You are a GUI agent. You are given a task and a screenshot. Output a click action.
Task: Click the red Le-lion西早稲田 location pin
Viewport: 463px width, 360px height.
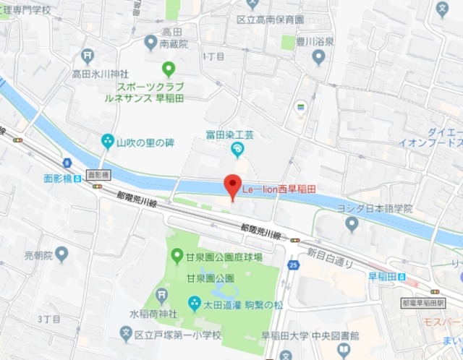(x=231, y=187)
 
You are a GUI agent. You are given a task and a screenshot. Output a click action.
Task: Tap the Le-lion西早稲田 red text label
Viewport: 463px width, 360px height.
(x=279, y=189)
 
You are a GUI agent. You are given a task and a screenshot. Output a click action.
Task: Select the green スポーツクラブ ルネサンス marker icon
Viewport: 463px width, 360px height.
(x=169, y=69)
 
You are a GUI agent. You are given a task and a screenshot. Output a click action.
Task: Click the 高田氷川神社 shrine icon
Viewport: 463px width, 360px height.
(x=88, y=55)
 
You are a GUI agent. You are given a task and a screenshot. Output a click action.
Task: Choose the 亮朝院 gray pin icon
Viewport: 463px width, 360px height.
(x=61, y=254)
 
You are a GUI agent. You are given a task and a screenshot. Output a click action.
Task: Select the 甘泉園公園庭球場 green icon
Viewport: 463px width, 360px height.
(x=177, y=255)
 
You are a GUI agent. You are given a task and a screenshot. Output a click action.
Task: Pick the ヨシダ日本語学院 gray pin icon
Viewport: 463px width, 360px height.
(x=352, y=224)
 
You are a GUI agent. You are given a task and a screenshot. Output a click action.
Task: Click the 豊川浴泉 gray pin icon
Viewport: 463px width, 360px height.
(x=319, y=58)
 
